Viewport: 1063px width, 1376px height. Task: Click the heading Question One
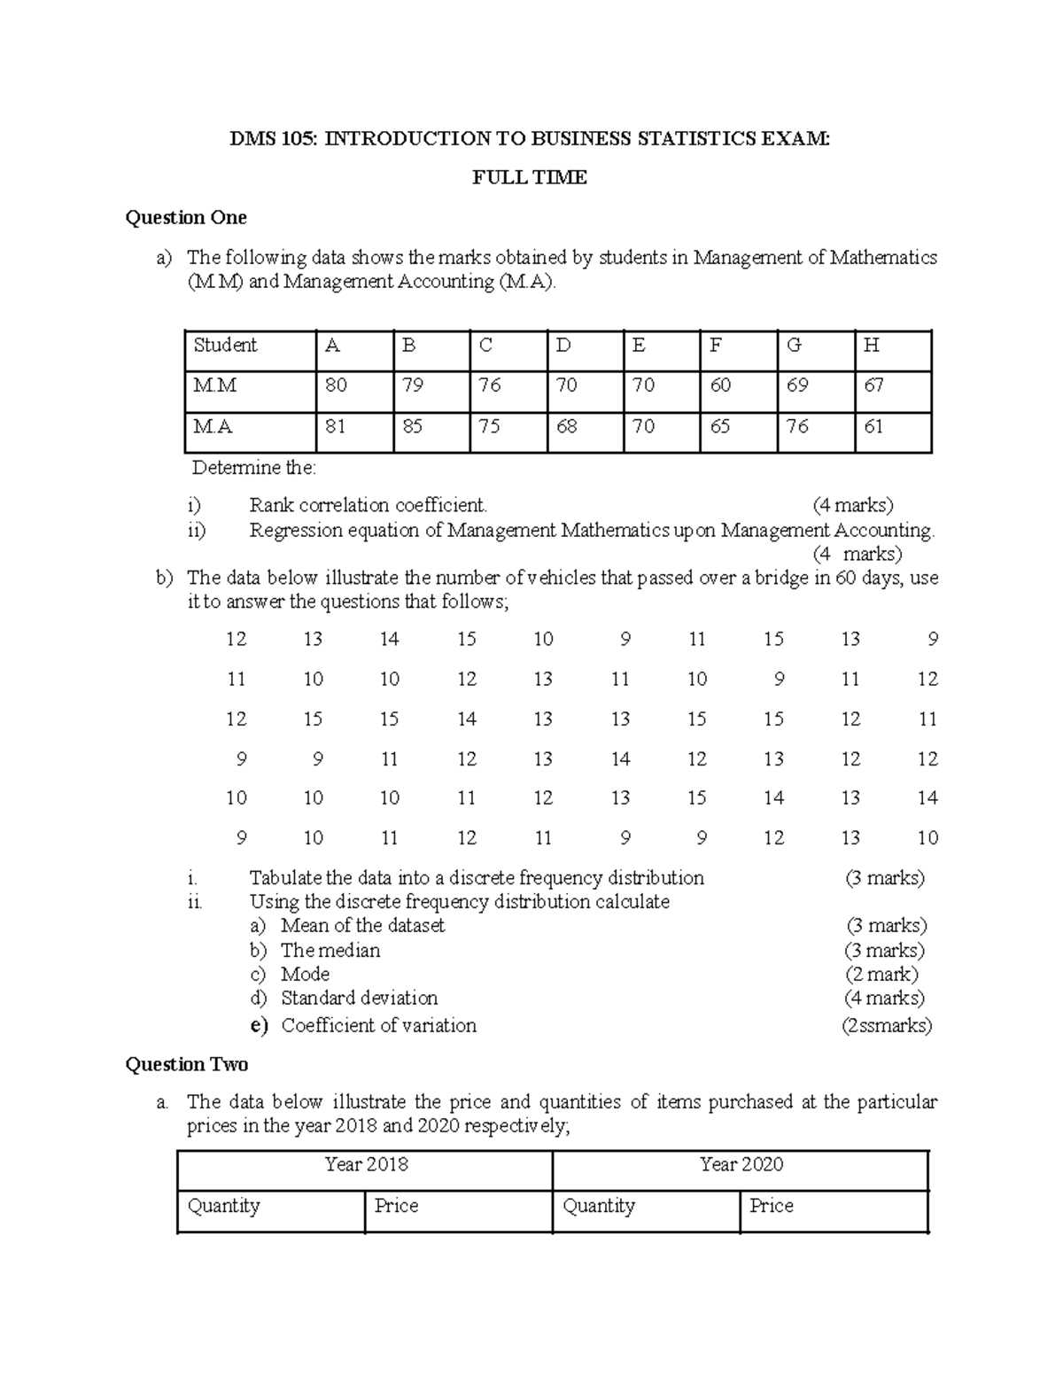click(186, 218)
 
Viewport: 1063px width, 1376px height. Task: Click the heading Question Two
click(186, 1064)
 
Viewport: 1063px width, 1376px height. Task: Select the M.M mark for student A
click(336, 385)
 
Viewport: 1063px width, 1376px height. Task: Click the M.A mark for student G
click(797, 427)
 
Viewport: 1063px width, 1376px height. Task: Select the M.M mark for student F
click(720, 385)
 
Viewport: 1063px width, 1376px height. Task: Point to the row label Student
click(225, 346)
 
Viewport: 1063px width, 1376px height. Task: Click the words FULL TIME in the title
click(530, 178)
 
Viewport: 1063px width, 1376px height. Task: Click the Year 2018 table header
click(366, 1164)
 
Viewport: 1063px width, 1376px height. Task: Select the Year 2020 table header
click(741, 1164)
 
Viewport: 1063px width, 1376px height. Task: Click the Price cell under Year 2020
click(772, 1206)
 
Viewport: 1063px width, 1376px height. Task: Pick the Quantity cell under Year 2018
click(223, 1206)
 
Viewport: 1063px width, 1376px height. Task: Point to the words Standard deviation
click(359, 999)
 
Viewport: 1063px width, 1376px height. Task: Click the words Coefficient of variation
click(378, 1026)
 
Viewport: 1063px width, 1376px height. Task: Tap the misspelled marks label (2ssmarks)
click(886, 1026)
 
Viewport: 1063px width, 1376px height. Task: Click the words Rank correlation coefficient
click(368, 506)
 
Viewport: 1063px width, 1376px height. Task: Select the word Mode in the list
click(305, 975)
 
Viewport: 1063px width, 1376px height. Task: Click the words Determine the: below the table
click(253, 468)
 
